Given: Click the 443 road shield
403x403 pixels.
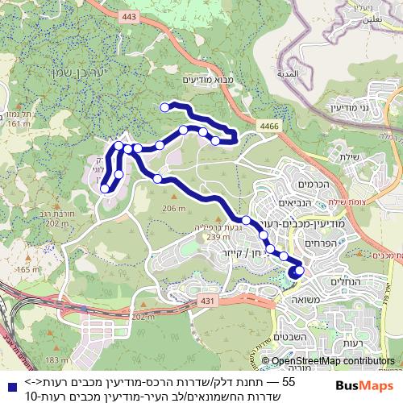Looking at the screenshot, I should [x=131, y=15].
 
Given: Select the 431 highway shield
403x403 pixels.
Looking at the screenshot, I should [x=208, y=300].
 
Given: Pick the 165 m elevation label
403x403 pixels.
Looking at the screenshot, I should [x=27, y=269].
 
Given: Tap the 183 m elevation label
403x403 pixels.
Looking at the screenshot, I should [x=57, y=360].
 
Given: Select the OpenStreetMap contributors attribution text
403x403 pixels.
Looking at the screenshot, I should [x=332, y=361].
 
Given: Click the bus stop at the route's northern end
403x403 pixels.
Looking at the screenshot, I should [x=165, y=106].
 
